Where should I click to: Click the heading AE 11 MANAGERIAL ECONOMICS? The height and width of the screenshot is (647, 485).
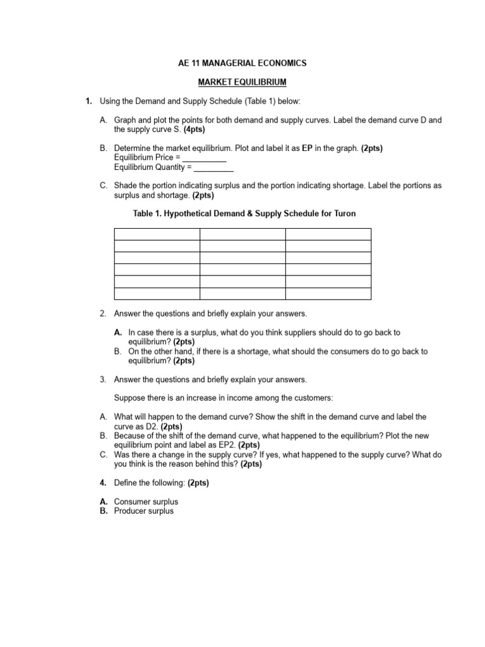pyautogui.click(x=242, y=63)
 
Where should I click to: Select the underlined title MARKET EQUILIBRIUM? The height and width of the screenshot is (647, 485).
pyautogui.click(x=242, y=82)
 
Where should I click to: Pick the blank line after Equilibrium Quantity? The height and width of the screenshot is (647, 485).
pyautogui.click(x=213, y=167)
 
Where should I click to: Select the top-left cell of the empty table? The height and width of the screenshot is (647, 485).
pyautogui.click(x=157, y=234)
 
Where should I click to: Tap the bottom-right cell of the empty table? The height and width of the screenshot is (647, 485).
pyautogui.click(x=328, y=293)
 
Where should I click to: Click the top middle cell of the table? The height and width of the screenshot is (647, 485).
pyautogui.click(x=242, y=234)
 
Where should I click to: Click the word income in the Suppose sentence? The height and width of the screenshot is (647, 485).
pyautogui.click(x=245, y=398)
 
